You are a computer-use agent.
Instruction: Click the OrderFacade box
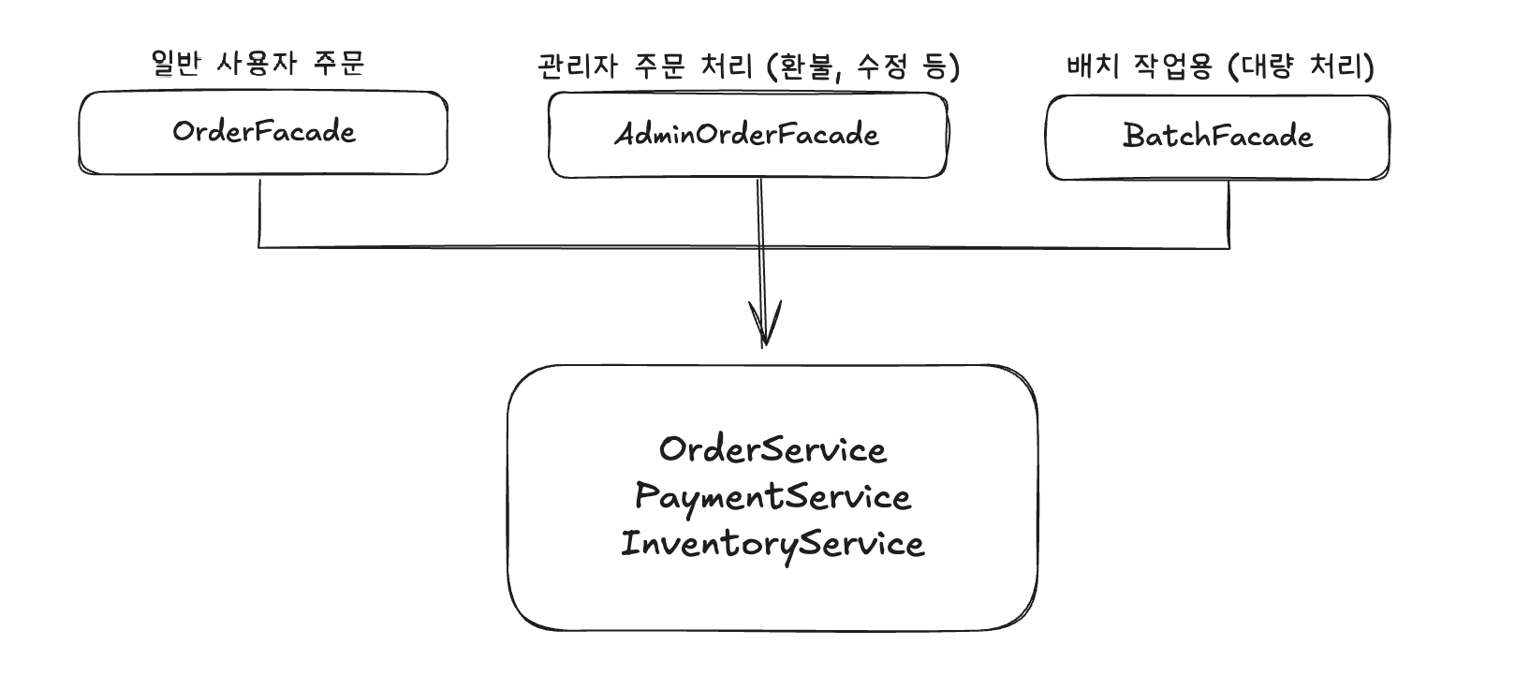[263, 133]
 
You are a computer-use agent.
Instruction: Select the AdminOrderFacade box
[747, 136]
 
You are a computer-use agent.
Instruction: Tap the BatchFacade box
[1217, 138]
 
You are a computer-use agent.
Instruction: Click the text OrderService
[772, 450]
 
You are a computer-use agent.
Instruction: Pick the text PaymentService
[772, 497]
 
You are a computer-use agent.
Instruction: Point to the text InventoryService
[772, 544]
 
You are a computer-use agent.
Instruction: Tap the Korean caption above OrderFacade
[257, 63]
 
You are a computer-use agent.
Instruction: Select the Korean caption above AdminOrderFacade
[748, 66]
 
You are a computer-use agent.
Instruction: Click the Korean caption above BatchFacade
[1220, 66]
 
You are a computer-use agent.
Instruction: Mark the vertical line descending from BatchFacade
[1228, 213]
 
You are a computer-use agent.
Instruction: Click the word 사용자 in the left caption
[257, 63]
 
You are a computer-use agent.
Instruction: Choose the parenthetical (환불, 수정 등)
[862, 66]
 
